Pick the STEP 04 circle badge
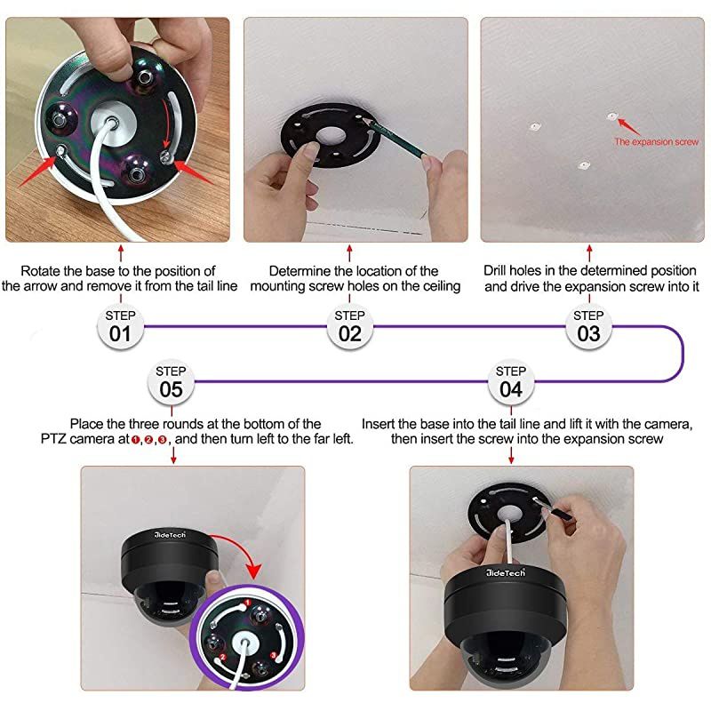510,381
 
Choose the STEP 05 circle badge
171,381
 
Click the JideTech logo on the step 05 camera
164,539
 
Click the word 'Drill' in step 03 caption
499,270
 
